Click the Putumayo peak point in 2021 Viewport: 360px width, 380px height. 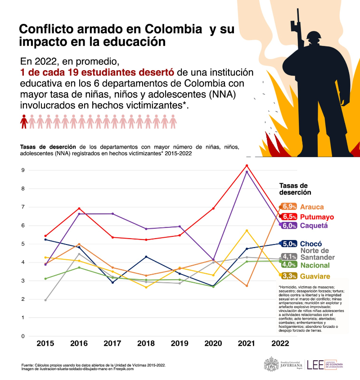coord(247,166)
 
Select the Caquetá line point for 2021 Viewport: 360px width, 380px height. coord(247,172)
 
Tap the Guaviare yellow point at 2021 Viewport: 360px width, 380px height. coord(247,231)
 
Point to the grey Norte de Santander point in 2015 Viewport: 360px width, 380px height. coord(45,300)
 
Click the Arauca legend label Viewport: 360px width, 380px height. coord(311,207)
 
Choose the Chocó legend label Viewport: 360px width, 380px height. coord(310,244)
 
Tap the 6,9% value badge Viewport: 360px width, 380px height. coord(288,207)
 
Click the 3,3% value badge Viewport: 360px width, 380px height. coord(288,276)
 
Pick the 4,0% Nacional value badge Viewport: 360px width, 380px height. coord(288,265)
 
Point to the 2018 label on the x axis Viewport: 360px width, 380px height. coord(146,344)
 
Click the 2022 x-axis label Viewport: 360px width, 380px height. coord(280,344)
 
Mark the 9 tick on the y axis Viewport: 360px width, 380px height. coord(22,170)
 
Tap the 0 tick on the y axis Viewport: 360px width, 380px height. coord(22,336)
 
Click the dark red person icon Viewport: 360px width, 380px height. coord(24,122)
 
